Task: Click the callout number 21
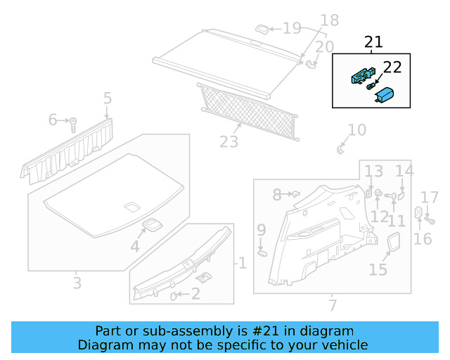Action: click(373, 42)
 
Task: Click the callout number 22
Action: click(392, 67)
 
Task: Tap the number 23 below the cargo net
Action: click(229, 142)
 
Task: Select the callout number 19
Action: click(292, 28)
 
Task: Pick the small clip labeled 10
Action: click(341, 148)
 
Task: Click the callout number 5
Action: click(107, 98)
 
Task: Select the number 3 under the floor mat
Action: click(77, 283)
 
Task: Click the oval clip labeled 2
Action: click(174, 295)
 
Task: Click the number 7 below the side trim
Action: click(333, 305)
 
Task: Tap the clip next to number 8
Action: click(295, 193)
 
